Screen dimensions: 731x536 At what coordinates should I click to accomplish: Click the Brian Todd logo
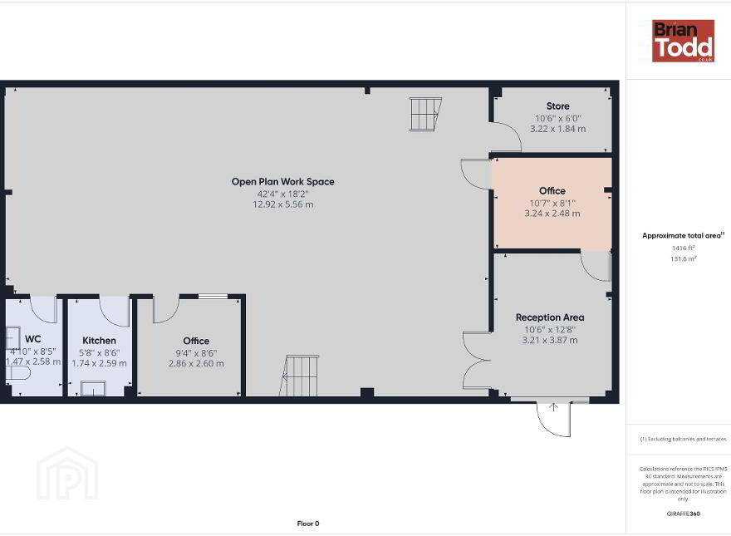pyautogui.click(x=683, y=41)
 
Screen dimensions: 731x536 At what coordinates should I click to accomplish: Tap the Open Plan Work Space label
pyautogui.click(x=283, y=181)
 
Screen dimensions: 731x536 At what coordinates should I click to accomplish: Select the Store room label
pyautogui.click(x=557, y=106)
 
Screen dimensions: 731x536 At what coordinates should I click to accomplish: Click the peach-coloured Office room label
pyautogui.click(x=552, y=191)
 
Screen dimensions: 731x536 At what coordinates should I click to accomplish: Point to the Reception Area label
pyautogui.click(x=550, y=317)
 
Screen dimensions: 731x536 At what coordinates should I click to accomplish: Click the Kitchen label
pyautogui.click(x=100, y=341)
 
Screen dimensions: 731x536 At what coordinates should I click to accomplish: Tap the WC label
pyautogui.click(x=33, y=339)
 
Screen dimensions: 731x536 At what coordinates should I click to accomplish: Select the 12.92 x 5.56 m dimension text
pyautogui.click(x=283, y=204)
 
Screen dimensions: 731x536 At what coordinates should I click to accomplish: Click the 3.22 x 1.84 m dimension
pyautogui.click(x=557, y=129)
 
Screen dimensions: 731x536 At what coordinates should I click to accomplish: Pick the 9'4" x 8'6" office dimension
pyautogui.click(x=196, y=353)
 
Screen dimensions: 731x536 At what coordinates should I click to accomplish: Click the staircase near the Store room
pyautogui.click(x=425, y=115)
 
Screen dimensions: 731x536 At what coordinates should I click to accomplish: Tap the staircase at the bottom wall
pyautogui.click(x=299, y=376)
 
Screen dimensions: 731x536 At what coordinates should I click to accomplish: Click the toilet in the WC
pyautogui.click(x=18, y=373)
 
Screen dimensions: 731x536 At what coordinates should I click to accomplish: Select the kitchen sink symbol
pyautogui.click(x=94, y=389)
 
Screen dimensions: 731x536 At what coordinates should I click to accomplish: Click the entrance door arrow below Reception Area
pyautogui.click(x=553, y=407)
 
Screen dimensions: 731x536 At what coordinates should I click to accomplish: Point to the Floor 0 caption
pyautogui.click(x=308, y=524)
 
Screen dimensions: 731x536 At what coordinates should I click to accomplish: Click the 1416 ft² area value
pyautogui.click(x=683, y=248)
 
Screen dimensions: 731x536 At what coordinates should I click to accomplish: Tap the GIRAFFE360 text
pyautogui.click(x=683, y=514)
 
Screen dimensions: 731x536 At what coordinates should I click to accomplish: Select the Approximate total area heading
pyautogui.click(x=682, y=235)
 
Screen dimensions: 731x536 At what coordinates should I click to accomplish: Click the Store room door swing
pyautogui.click(x=509, y=135)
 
